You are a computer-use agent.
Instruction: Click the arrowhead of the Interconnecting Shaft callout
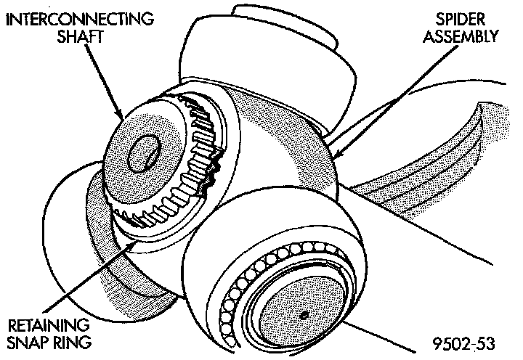point(123,116)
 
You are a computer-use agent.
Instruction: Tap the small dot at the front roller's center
point(304,314)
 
